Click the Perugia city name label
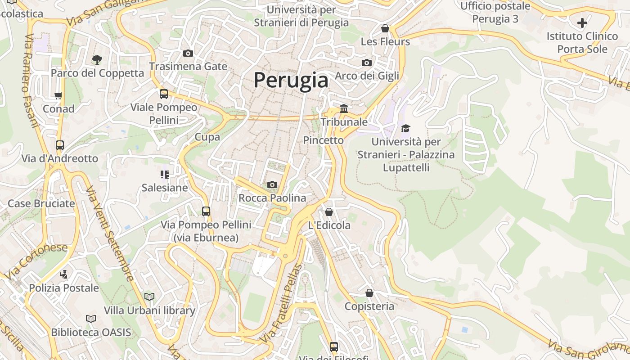click(x=291, y=80)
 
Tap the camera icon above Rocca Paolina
click(x=272, y=184)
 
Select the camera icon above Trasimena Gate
click(x=188, y=53)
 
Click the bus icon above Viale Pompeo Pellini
click(x=164, y=94)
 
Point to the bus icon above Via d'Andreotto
click(x=60, y=145)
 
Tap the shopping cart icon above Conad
click(x=58, y=95)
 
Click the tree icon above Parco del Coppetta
click(x=97, y=59)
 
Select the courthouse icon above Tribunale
click(x=344, y=108)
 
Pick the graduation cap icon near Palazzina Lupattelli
click(x=405, y=128)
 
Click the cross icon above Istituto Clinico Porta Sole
click(x=582, y=22)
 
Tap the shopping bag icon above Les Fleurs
click(x=385, y=28)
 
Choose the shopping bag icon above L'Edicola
click(x=329, y=212)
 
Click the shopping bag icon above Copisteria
click(x=369, y=293)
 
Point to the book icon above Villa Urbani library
click(x=149, y=297)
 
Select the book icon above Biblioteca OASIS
click(x=91, y=319)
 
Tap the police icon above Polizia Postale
click(x=64, y=274)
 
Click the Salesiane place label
click(x=165, y=188)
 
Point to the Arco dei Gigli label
click(x=367, y=76)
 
